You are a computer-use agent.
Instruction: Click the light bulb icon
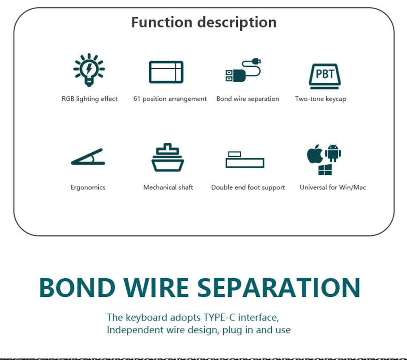pyautogui.click(x=89, y=70)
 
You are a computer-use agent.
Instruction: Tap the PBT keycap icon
pyautogui.click(x=325, y=75)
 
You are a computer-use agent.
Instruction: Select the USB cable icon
pyautogui.click(x=243, y=71)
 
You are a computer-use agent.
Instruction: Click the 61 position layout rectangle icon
pyautogui.click(x=166, y=72)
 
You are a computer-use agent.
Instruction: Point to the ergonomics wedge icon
pyautogui.click(x=88, y=157)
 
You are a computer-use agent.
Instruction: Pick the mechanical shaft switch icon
pyautogui.click(x=167, y=157)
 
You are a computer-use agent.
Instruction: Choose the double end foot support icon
pyautogui.click(x=245, y=159)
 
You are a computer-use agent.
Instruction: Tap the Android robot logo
pyautogui.click(x=333, y=153)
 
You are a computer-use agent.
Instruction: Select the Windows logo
pyautogui.click(x=325, y=170)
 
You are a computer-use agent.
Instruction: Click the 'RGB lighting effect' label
pyautogui.click(x=89, y=99)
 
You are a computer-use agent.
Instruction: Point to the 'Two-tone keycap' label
pyautogui.click(x=321, y=99)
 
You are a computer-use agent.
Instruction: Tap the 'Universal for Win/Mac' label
pyautogui.click(x=333, y=187)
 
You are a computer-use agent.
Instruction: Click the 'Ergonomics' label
pyautogui.click(x=88, y=187)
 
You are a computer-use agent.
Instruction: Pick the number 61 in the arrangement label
pyautogui.click(x=137, y=99)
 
